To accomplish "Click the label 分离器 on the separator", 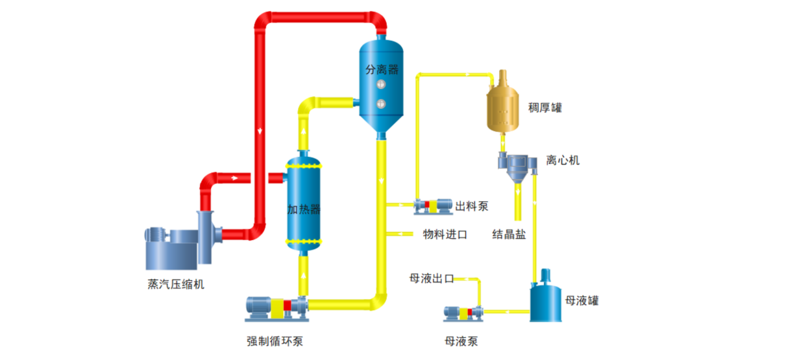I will click(x=382, y=69).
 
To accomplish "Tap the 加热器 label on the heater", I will click(x=304, y=209).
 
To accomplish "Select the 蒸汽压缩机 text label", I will click(x=176, y=284).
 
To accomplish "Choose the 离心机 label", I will click(x=563, y=160).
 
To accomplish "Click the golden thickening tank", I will click(x=502, y=107).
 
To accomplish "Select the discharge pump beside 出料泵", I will click(x=433, y=206).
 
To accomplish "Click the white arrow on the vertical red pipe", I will click(x=260, y=129).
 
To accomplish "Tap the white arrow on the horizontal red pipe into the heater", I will click(x=235, y=176).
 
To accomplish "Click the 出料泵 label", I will click(x=471, y=206).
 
